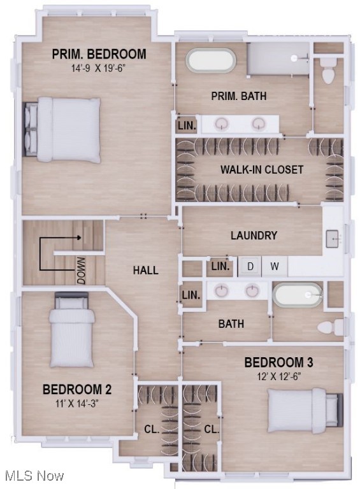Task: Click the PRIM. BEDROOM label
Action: point(99,54)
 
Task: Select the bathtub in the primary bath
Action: point(210,61)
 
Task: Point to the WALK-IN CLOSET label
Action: point(262,170)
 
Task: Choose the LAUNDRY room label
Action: point(254,236)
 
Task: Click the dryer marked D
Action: point(250,267)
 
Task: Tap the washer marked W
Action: point(274,267)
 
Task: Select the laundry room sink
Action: point(334,239)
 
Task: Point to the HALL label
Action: point(145,271)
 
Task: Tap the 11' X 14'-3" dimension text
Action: point(77,402)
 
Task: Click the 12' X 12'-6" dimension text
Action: point(278,376)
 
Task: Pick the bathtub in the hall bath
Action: point(298,295)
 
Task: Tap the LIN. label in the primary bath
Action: point(187,125)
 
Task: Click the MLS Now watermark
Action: point(34,475)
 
